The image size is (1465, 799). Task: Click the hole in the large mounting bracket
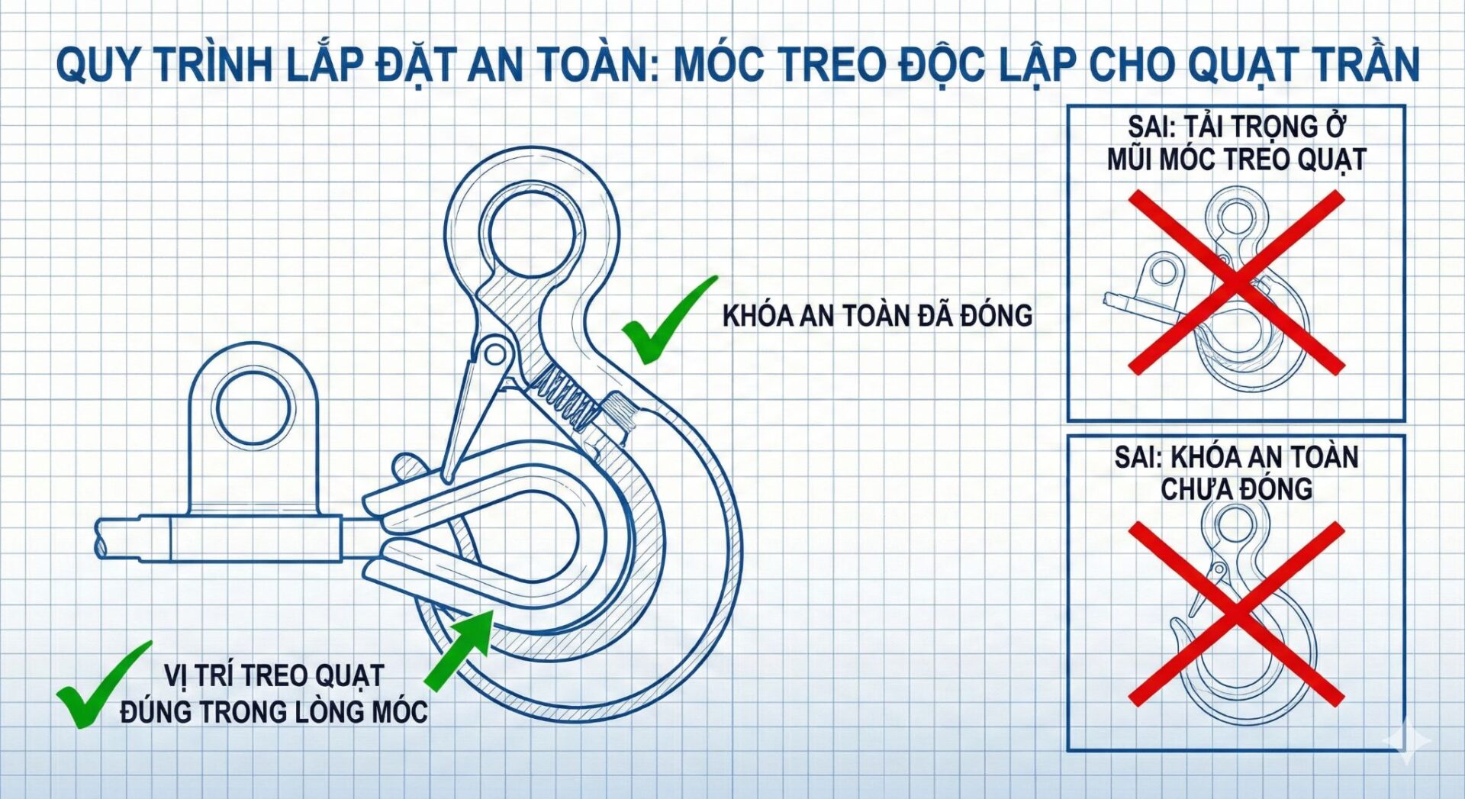tap(253, 408)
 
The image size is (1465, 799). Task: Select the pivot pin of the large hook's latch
tap(495, 354)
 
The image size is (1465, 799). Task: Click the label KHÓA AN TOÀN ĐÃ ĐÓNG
tap(877, 315)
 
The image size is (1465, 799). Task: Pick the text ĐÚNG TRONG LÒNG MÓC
tap(274, 711)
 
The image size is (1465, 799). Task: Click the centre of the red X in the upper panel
tap(1236, 282)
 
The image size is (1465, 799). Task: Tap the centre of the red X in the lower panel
tap(1236, 614)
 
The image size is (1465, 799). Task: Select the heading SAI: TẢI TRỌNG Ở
tap(1237, 127)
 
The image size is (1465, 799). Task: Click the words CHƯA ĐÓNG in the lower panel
tap(1236, 489)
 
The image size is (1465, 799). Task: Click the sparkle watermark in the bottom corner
tap(1409, 739)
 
